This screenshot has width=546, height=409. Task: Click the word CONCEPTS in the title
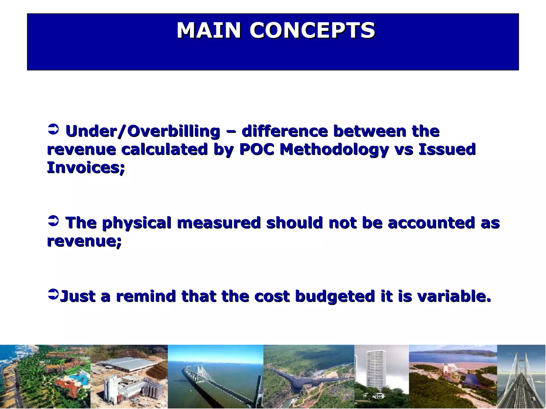pos(312,31)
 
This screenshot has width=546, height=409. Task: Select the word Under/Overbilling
pos(143,131)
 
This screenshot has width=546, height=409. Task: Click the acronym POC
pos(257,149)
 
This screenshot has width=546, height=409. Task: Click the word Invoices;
pos(86,168)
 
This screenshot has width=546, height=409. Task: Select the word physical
pos(136,223)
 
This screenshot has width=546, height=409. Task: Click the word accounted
pos(431,223)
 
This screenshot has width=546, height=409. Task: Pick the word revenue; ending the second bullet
pos(84,241)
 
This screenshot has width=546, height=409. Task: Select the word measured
pos(219,223)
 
